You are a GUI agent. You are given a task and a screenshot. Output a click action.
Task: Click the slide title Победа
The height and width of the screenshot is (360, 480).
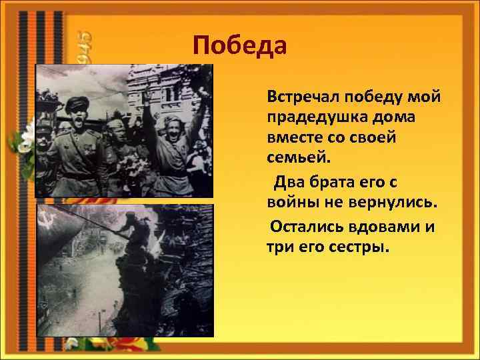239,45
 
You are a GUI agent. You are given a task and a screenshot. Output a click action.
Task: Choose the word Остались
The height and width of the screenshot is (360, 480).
303,227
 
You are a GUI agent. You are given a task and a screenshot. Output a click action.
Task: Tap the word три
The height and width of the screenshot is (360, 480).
281,247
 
